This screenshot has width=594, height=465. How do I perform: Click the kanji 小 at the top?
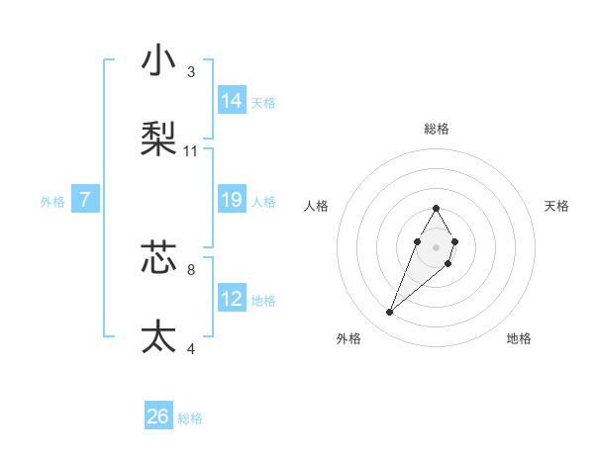[158, 61]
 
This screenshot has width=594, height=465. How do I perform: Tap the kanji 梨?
[158, 138]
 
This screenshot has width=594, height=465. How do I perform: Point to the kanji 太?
[158, 336]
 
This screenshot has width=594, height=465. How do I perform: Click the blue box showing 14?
[232, 101]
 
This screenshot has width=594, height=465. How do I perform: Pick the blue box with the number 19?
[232, 200]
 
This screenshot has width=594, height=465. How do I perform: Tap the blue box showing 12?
[232, 299]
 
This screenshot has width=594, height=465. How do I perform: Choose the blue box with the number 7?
[85, 201]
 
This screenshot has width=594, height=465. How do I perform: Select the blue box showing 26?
[158, 418]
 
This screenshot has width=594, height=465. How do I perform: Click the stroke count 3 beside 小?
[191, 71]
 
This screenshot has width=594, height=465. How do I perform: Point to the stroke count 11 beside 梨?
[191, 151]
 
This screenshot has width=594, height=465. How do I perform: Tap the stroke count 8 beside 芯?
[191, 269]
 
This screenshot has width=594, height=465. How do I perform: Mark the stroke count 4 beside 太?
[191, 348]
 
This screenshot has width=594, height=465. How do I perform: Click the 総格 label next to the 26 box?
[190, 419]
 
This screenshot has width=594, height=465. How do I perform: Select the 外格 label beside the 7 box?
[52, 202]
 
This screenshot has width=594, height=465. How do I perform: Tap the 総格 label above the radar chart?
[436, 129]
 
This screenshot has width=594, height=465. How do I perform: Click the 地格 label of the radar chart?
[519, 338]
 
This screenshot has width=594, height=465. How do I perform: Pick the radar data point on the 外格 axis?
[390, 313]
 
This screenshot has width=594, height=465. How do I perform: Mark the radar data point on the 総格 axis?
[436, 208]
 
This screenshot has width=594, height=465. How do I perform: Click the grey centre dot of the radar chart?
[436, 246]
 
